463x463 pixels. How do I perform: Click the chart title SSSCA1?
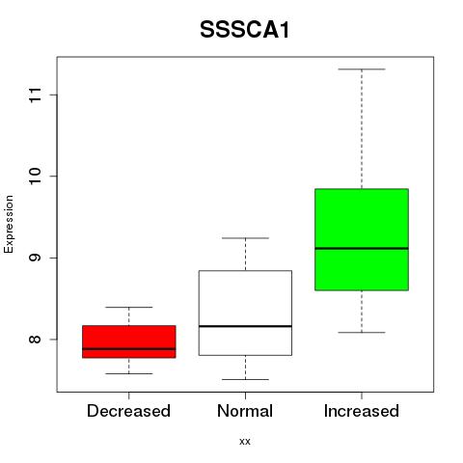[245, 30]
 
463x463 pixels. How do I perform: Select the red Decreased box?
[129, 341]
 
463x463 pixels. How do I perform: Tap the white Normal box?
[245, 313]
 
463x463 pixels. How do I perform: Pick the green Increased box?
[362, 239]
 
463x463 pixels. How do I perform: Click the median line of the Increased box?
[362, 248]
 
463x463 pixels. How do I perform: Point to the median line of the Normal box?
[245, 326]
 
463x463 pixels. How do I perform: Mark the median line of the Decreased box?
[129, 348]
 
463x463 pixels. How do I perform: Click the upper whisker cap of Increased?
[362, 69]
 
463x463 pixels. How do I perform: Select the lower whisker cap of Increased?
[362, 332]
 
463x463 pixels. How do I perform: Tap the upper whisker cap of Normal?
[245, 238]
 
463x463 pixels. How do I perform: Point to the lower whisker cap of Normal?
[245, 379]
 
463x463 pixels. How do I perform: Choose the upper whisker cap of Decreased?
[129, 308]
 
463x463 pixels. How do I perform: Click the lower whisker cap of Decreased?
[129, 373]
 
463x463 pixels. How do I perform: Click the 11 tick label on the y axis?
[36, 95]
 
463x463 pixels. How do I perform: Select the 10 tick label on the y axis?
[36, 177]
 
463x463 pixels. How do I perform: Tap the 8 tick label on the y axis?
[36, 340]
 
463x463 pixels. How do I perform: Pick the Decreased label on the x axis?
[128, 411]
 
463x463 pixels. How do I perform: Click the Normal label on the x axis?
[245, 411]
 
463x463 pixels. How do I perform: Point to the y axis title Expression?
[9, 224]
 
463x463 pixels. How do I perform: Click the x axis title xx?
[245, 442]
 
